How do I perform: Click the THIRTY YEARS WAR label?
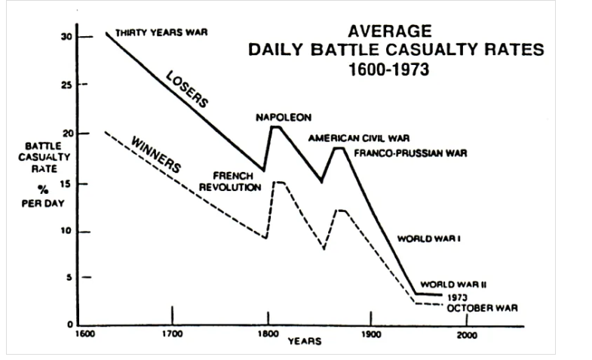(161, 33)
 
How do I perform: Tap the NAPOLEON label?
(283, 117)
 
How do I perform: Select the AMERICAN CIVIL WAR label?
(358, 138)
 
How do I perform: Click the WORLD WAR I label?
(428, 238)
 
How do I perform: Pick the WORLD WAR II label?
(452, 285)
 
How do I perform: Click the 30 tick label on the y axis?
(66, 37)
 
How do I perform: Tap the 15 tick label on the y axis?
(66, 183)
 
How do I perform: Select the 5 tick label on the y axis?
(69, 278)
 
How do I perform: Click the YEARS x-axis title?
(305, 341)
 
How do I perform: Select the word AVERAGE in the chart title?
(390, 32)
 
